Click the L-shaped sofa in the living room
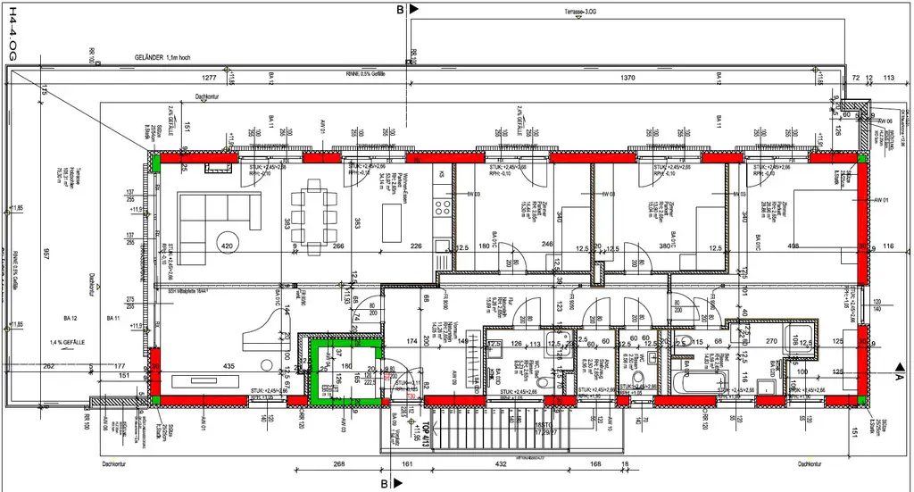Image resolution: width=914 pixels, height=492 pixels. pos(214,214)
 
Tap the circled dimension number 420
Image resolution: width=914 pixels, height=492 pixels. pos(227,246)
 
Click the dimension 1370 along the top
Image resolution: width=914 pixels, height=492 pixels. pos(627,79)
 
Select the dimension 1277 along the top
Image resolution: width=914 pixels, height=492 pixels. pos(211,79)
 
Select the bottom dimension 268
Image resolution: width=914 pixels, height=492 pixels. pos(338,463)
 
